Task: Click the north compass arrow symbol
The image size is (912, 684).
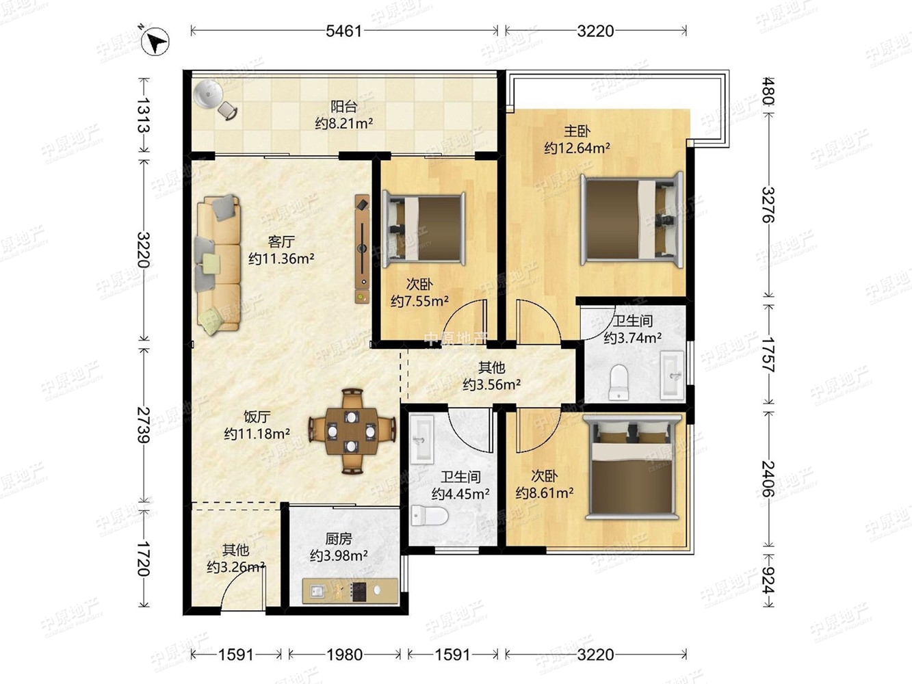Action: tap(155, 41)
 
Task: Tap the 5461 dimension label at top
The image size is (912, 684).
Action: tap(343, 31)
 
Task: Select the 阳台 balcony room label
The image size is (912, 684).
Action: tap(343, 107)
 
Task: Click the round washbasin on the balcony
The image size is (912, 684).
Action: tap(208, 94)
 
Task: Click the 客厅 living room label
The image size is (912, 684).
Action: tap(281, 241)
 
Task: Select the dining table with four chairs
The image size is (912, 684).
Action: tap(352, 431)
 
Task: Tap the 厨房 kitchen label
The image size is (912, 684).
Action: tap(339, 538)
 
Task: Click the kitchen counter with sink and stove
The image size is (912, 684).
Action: tap(350, 590)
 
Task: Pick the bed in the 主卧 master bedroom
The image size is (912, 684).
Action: tap(631, 220)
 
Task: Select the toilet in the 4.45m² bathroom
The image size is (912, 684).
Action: tap(430, 516)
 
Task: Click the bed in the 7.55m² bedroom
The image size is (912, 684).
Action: tap(424, 229)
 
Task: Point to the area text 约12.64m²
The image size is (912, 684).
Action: tap(577, 148)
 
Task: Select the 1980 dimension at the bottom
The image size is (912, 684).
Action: tap(344, 655)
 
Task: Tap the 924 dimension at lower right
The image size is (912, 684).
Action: tap(768, 580)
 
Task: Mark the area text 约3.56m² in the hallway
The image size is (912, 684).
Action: tap(491, 385)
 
